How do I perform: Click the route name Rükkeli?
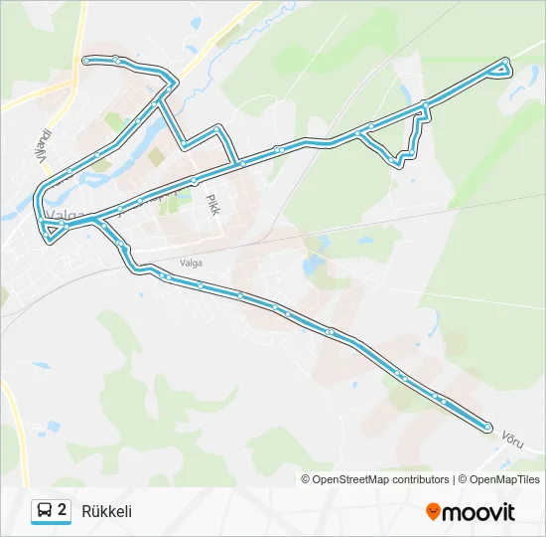[107, 511]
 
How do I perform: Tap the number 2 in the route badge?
[63, 510]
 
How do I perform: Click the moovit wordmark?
[479, 512]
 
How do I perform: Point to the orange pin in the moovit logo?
[434, 512]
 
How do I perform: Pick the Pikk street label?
[211, 206]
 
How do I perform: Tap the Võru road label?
[512, 439]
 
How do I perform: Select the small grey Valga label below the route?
[191, 263]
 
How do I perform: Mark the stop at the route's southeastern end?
[487, 427]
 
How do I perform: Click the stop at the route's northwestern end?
[86, 61]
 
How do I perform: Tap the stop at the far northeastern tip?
[506, 62]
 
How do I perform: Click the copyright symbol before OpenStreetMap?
[306, 479]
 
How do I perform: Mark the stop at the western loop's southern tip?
[49, 239]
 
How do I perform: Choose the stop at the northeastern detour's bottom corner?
[399, 162]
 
